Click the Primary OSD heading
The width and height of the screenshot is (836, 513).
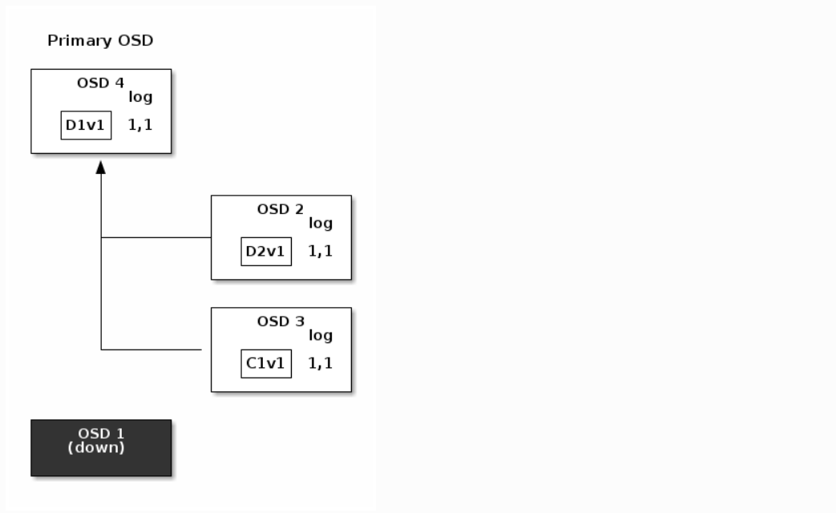pyautogui.click(x=100, y=41)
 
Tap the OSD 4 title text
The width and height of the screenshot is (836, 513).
pyautogui.click(x=100, y=83)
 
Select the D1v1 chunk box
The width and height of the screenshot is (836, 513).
pyautogui.click(x=87, y=125)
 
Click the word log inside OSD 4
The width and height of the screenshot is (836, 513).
pyautogui.click(x=140, y=97)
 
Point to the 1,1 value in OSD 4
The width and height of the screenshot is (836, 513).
pyautogui.click(x=140, y=125)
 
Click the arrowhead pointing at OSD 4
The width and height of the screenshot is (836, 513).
pyautogui.click(x=101, y=168)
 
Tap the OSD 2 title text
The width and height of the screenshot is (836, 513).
pyautogui.click(x=281, y=209)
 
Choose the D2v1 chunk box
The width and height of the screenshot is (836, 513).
pyautogui.click(x=267, y=251)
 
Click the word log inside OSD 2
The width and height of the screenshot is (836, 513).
pyautogui.click(x=321, y=223)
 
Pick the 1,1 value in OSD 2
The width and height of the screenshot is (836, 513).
pyautogui.click(x=321, y=251)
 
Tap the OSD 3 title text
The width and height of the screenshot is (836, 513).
pyautogui.click(x=281, y=321)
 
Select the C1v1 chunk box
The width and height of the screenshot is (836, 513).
pyautogui.click(x=267, y=364)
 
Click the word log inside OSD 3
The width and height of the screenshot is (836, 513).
pyautogui.click(x=321, y=335)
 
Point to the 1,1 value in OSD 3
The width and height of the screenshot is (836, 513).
pyautogui.click(x=321, y=363)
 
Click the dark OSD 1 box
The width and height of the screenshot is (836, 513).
pyautogui.click(x=101, y=448)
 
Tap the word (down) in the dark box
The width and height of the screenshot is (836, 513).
pyautogui.click(x=96, y=447)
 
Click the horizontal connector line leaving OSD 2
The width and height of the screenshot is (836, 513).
pyautogui.click(x=156, y=237)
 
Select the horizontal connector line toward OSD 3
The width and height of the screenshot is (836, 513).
pyautogui.click(x=151, y=349)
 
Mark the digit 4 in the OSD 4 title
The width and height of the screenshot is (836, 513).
pyautogui.click(x=119, y=83)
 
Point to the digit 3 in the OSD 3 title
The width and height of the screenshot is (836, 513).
pyautogui.click(x=300, y=321)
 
